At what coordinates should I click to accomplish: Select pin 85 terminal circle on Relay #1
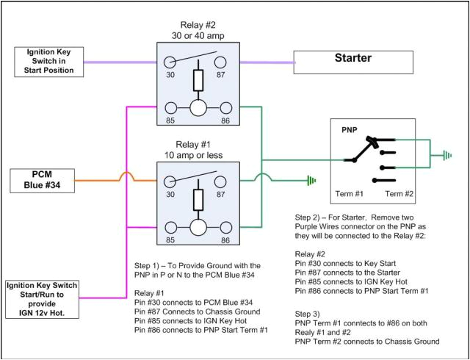pyautogui.click(x=170, y=226)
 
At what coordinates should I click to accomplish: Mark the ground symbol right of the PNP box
pyautogui.click(x=446, y=156)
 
